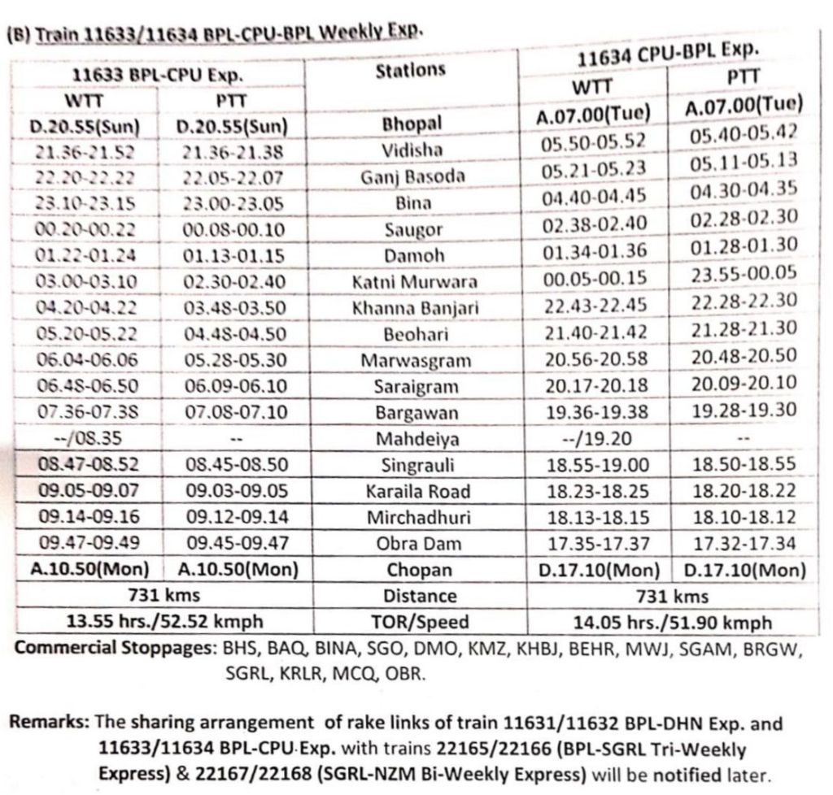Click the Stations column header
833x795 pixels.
click(411, 70)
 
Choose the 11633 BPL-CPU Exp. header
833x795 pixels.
click(159, 77)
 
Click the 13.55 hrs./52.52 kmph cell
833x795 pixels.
click(159, 622)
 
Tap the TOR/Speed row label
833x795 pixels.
click(415, 622)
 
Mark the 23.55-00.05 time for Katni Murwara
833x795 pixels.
click(744, 272)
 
